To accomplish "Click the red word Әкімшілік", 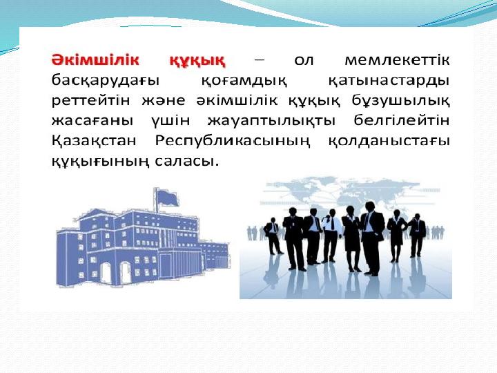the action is [95, 60].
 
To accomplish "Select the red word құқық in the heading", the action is [197, 61].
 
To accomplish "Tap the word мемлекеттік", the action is [397, 60].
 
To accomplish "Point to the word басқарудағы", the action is [105, 82].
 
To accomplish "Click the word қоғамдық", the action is [244, 82].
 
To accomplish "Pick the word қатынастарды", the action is [389, 82].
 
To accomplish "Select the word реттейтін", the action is [90, 101].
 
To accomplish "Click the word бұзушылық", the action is [400, 102].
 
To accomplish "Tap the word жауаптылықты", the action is [271, 121].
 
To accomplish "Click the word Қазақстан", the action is [93, 141].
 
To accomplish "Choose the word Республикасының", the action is [233, 141].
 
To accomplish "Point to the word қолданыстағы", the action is [389, 141].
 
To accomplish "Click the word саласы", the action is [186, 161].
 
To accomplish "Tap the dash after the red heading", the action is [259, 59].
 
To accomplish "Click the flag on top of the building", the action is [168, 198].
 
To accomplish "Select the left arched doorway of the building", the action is [106, 273].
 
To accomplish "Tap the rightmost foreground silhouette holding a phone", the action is [416, 235].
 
